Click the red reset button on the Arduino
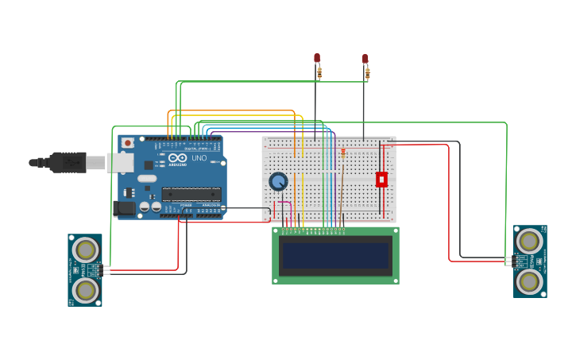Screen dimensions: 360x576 click(127, 143)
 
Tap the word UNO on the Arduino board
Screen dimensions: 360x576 click(199, 158)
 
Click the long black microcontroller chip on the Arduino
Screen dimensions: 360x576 click(191, 193)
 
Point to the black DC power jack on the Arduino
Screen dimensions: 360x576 click(125, 208)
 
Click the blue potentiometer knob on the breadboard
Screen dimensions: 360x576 click(278, 181)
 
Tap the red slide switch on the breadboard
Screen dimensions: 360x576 click(381, 180)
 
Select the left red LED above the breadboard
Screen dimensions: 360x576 click(317, 58)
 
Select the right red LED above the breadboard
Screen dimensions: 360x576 click(365, 59)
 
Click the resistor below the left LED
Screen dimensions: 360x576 click(319, 73)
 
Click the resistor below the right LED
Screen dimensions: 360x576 click(367, 73)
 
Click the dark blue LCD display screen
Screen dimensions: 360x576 click(335, 255)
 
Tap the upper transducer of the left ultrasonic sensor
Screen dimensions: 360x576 click(84, 250)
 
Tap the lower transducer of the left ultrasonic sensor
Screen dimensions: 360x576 click(84, 289)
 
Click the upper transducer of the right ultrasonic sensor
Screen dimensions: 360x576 click(529, 241)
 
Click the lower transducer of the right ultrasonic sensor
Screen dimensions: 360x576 click(529, 281)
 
